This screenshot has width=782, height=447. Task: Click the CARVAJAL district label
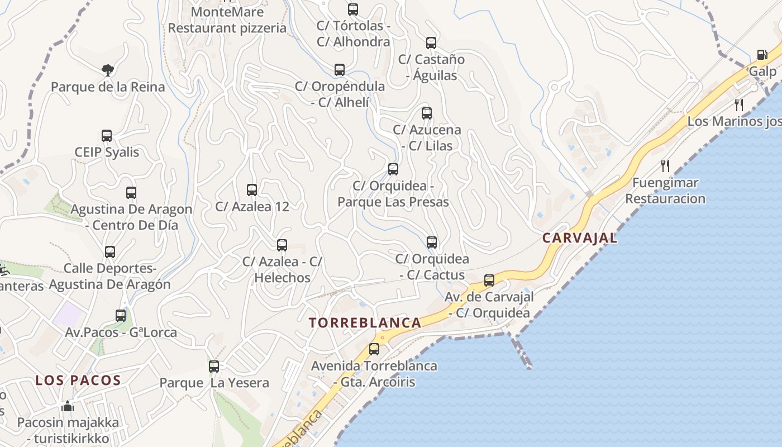[580, 237]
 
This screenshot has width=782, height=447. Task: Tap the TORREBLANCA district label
[365, 322]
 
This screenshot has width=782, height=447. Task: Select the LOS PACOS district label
[78, 381]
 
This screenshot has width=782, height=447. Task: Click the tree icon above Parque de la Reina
[108, 70]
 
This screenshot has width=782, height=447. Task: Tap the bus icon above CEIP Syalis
[107, 136]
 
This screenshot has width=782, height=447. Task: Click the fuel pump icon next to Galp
[762, 55]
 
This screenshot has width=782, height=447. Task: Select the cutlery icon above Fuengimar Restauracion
[665, 166]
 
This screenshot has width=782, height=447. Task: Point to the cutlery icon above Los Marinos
[739, 104]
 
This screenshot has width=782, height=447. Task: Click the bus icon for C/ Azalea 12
[252, 190]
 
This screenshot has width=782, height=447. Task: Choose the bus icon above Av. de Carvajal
[489, 280]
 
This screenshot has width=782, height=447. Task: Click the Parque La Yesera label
[214, 383]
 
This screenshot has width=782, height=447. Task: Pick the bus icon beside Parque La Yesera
[214, 367]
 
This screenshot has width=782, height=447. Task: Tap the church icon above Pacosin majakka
[68, 406]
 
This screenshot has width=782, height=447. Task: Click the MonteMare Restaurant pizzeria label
[227, 20]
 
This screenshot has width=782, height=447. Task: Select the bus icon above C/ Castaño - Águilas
[431, 43]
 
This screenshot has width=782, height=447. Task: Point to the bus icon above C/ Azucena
[427, 113]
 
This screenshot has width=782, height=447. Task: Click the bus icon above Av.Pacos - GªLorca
[121, 316]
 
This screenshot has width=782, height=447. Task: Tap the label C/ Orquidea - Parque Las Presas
[393, 193]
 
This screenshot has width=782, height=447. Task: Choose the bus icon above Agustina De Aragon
[131, 193]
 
